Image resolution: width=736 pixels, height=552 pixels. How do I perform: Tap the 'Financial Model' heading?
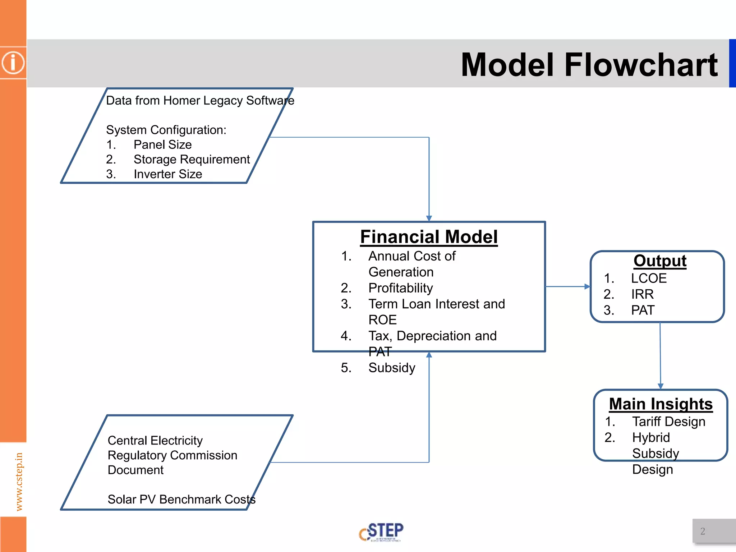point(429,237)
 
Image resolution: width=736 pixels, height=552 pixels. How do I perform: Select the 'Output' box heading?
point(660,261)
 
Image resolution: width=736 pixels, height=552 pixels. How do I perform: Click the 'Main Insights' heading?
point(661,404)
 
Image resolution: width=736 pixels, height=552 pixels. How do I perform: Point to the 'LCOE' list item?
point(649,278)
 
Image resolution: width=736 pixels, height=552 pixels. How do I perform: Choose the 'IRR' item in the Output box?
point(642,294)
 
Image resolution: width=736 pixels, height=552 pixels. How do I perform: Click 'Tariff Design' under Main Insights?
point(668,422)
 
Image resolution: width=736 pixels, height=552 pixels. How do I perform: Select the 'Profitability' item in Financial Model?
point(400,288)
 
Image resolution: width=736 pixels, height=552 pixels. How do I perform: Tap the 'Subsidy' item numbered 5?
point(392,368)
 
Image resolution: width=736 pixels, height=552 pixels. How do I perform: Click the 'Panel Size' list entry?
point(162,144)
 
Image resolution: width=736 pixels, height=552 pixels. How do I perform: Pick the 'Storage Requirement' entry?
point(192,159)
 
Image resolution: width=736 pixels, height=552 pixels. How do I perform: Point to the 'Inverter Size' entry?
point(168,174)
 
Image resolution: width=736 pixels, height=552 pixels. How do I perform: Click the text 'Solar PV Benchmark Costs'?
point(181,499)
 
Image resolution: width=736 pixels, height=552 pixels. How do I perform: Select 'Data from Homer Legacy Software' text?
point(200,100)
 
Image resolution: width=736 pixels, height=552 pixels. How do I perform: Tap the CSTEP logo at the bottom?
point(381,532)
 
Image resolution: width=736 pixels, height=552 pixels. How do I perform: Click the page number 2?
point(703,531)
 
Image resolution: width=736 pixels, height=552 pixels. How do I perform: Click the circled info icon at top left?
point(13,63)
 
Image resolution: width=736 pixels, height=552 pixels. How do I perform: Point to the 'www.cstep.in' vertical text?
point(19,482)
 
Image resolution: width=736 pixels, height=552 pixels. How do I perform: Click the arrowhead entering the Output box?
point(587,286)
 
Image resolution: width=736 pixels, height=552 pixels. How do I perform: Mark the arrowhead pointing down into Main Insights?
point(661,386)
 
